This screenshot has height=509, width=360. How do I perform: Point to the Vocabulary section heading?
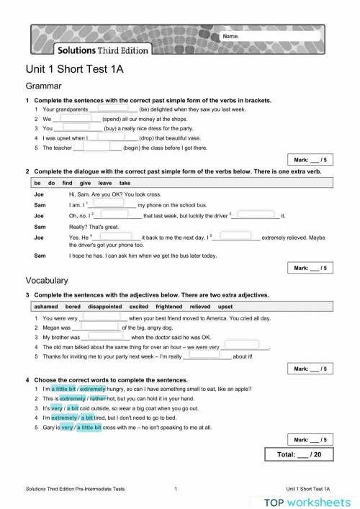point(47,280)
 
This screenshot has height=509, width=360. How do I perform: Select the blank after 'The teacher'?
point(97,148)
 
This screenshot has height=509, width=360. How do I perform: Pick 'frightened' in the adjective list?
point(166,306)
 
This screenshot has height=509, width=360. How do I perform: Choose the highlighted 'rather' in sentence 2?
point(98,398)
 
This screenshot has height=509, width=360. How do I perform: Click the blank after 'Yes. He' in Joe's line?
point(112,235)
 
